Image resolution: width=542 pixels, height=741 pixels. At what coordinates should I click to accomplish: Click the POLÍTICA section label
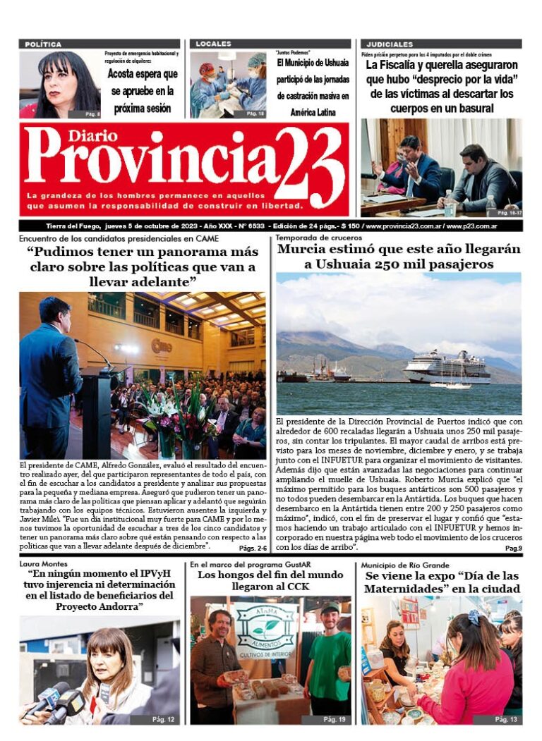point(43,44)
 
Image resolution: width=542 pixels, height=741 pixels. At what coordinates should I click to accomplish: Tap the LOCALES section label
point(213,44)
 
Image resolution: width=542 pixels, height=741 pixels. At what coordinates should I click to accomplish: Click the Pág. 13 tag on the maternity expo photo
point(505,719)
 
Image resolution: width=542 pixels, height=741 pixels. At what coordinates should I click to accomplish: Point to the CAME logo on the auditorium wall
point(161,345)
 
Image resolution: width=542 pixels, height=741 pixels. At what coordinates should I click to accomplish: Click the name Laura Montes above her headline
point(43,565)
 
